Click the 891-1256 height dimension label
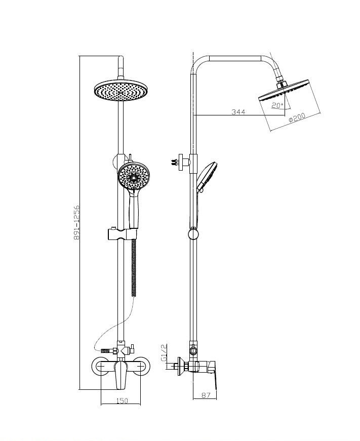[76, 223]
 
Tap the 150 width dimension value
[122, 400]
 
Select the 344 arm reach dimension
[238, 112]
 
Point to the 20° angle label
[277, 106]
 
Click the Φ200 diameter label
[297, 117]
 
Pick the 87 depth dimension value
[206, 395]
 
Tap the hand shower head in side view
[207, 176]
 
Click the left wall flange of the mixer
[101, 367]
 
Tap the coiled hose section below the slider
[134, 267]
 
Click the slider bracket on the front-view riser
[123, 234]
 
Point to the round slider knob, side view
[193, 234]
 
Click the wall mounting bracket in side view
[181, 162]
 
